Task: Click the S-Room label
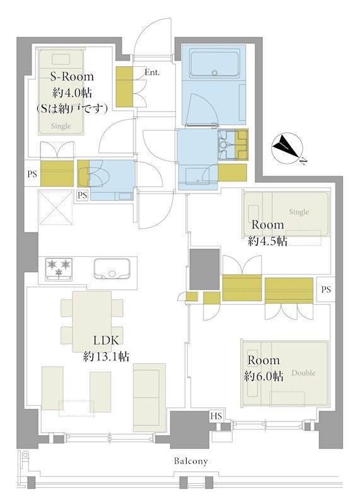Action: [x=72, y=76]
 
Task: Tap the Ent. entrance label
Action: [x=152, y=72]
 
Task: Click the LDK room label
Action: [x=106, y=340]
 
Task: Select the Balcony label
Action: [x=191, y=461]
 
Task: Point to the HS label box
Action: [x=216, y=416]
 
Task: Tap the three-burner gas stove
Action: [x=59, y=269]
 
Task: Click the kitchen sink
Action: [x=112, y=269]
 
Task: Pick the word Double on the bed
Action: [x=303, y=373]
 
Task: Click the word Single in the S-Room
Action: [x=61, y=127]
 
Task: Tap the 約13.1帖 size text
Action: [x=106, y=356]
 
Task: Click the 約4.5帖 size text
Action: [x=267, y=241]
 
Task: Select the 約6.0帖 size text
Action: [x=264, y=376]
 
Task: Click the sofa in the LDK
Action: [x=149, y=398]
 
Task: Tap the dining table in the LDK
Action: [x=92, y=321]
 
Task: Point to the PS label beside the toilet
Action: [x=83, y=195]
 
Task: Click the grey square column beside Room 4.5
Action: [x=205, y=269]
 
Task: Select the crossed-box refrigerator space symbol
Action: [x=56, y=207]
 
